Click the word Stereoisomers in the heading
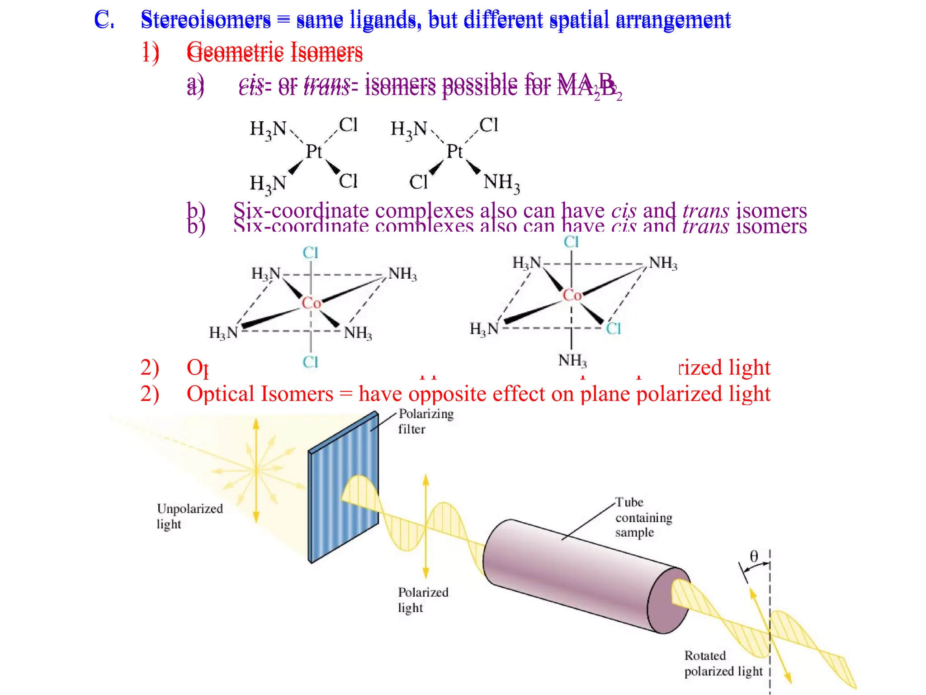[x=206, y=20]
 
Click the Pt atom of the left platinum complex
[x=314, y=151]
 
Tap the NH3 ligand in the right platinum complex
[x=501, y=182]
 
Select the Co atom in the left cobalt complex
[x=311, y=303]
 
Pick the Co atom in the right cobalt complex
[x=572, y=295]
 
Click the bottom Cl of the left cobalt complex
[x=311, y=362]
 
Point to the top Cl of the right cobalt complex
[x=571, y=242]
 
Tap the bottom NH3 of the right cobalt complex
[x=572, y=361]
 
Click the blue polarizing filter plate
[x=344, y=489]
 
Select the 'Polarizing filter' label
[x=425, y=421]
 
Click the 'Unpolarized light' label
[x=189, y=516]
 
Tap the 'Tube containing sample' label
[x=643, y=517]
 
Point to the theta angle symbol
[x=754, y=556]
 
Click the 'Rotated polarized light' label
[x=723, y=663]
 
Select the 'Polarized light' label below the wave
[x=423, y=600]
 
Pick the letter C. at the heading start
[x=104, y=20]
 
